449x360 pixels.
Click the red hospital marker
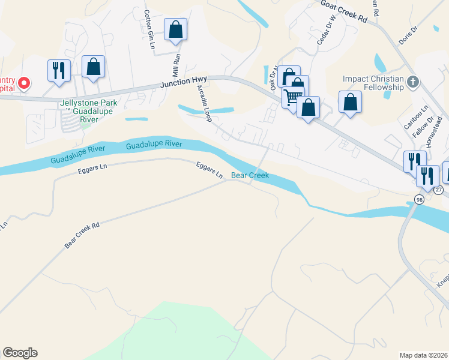24,83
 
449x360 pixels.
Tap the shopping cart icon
293,96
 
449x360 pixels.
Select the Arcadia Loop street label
205,103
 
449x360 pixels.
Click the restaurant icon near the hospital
59,70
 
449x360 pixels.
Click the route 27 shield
439,190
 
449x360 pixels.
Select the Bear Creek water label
250,176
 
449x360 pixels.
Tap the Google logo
20,353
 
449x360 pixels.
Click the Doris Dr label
408,35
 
